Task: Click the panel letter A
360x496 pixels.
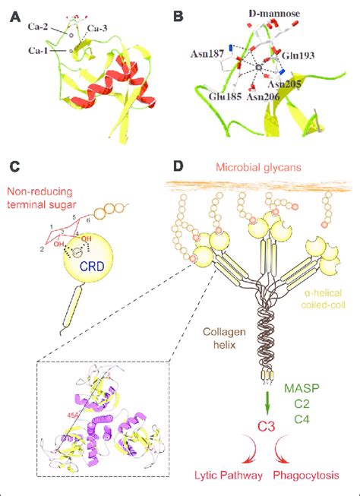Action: pyautogui.click(x=14, y=13)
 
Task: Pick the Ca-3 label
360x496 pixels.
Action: pyautogui.click(x=97, y=29)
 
